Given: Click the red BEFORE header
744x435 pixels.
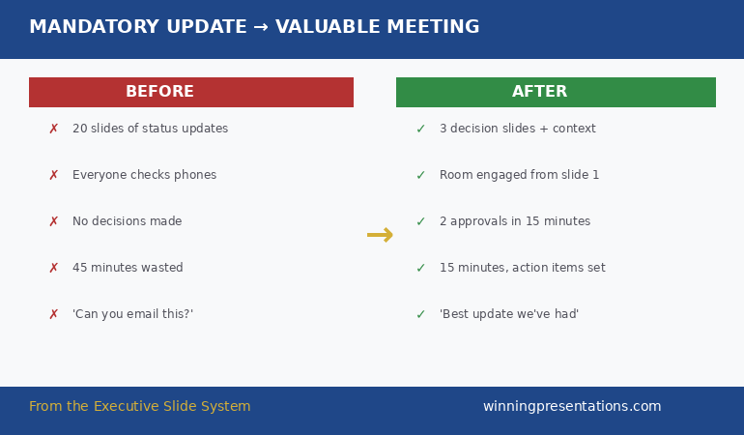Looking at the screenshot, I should (190, 92).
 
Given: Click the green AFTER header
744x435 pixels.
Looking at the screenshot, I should (556, 92).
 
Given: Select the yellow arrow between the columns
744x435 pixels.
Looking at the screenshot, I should (380, 235).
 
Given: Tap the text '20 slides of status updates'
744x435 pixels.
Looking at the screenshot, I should (150, 129).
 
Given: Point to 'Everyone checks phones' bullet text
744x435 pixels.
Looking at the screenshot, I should (144, 175).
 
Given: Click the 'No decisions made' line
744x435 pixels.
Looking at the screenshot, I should (127, 221).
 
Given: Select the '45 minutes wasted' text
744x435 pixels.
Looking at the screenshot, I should (128, 268).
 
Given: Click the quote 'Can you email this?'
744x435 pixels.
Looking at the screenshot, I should (132, 314).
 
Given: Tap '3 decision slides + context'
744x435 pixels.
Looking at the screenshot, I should (517, 129).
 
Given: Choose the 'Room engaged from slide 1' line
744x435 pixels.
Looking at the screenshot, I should (519, 175).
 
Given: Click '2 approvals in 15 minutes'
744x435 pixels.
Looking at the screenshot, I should (514, 221).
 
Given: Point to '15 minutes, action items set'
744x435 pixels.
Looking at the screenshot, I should (522, 268).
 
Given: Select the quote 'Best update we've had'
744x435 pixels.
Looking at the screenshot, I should (508, 314).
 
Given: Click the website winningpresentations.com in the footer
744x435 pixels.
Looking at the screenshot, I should (572, 407).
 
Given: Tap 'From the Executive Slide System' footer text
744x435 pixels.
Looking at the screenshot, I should (139, 407).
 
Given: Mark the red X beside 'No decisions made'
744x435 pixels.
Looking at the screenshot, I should (53, 221).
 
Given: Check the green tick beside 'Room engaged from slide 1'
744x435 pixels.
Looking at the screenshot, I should (420, 175).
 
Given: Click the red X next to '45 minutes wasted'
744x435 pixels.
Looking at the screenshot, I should (53, 268).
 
